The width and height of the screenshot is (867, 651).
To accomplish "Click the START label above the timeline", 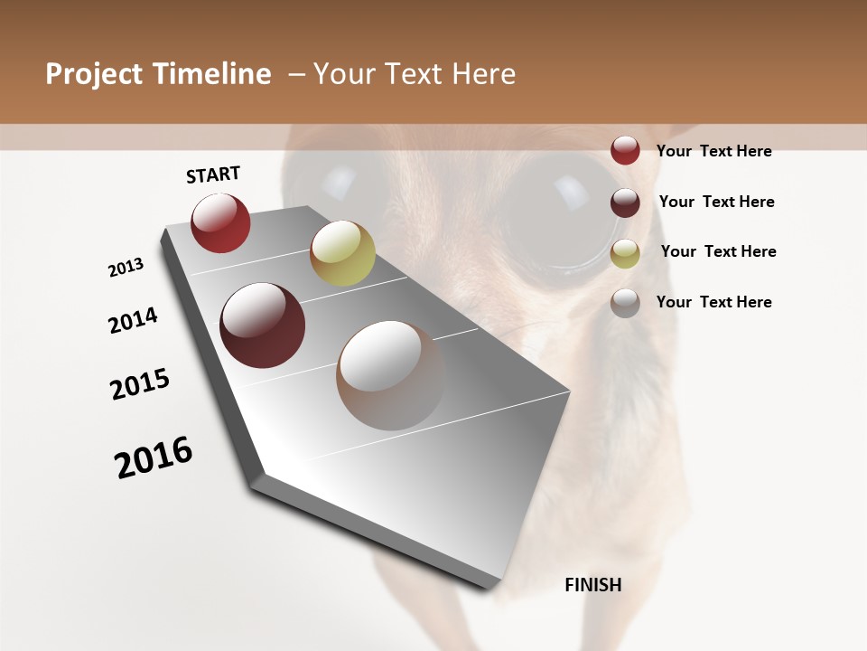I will pyautogui.click(x=213, y=175).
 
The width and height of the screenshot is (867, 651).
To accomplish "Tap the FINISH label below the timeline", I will pyautogui.click(x=593, y=585).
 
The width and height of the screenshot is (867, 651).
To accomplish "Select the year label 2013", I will pyautogui.click(x=126, y=268).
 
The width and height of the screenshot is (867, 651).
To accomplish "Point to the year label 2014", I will pyautogui.click(x=133, y=320).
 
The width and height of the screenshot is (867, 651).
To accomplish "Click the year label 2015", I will pyautogui.click(x=140, y=384).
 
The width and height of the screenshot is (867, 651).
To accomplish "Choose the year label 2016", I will pyautogui.click(x=154, y=458).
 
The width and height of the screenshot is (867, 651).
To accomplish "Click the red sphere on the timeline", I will pyautogui.click(x=220, y=223).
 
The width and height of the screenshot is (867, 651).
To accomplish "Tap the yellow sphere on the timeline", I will pyautogui.click(x=342, y=253).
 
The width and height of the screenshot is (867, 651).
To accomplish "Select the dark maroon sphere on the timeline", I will pyautogui.click(x=262, y=325).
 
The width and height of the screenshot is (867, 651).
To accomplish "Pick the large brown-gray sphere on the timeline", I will pyautogui.click(x=390, y=375).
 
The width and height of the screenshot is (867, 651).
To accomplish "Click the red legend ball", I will pyautogui.click(x=625, y=150).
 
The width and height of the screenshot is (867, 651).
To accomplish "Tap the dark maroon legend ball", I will pyautogui.click(x=625, y=203).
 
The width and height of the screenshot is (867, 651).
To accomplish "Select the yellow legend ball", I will pyautogui.click(x=625, y=253).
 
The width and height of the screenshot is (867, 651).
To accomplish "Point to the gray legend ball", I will pyautogui.click(x=625, y=303).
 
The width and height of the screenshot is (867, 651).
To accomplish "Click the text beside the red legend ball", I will pyautogui.click(x=713, y=151).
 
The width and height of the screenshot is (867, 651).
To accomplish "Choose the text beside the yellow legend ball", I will pyautogui.click(x=718, y=251).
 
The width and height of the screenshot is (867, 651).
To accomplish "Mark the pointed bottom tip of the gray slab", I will pyautogui.click(x=493, y=586).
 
